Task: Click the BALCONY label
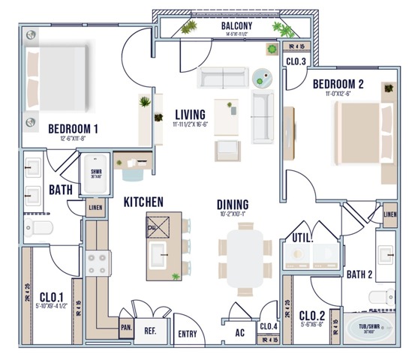[236, 27]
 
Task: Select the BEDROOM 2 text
[338, 83]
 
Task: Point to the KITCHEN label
[144, 202]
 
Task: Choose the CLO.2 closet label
[311, 315]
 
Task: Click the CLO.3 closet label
[296, 61]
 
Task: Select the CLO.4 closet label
[269, 326]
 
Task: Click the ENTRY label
[187, 335]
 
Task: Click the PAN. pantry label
[126, 327]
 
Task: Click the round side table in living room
[262, 76]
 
